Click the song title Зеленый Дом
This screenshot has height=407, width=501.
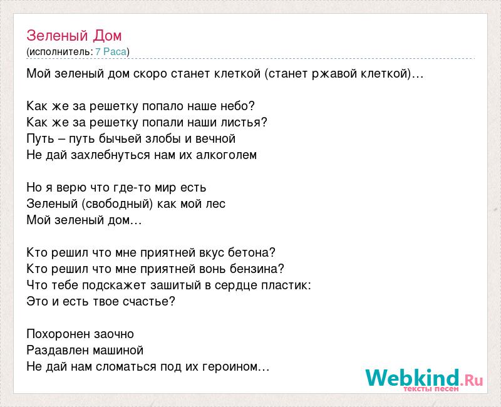click(x=74, y=36)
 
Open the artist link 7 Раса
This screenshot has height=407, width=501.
click(x=111, y=51)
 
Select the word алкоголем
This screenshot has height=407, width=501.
click(x=226, y=155)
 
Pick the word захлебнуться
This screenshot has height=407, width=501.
click(x=110, y=155)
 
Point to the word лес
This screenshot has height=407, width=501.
click(x=215, y=204)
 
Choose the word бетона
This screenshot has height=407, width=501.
click(x=249, y=253)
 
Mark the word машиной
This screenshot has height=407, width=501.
click(x=118, y=351)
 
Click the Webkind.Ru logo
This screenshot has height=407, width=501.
click(x=424, y=380)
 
